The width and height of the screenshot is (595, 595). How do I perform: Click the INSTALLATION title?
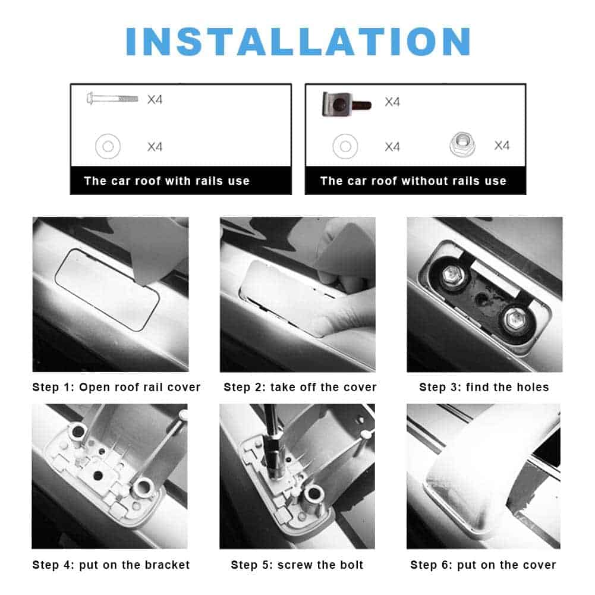click(x=298, y=41)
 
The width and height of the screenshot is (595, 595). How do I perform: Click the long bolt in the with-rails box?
click(x=112, y=99)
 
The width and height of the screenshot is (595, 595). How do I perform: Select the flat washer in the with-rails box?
click(x=108, y=146)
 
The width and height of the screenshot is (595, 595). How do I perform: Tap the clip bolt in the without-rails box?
click(x=346, y=104)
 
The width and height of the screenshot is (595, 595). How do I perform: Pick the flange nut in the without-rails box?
click(x=462, y=144)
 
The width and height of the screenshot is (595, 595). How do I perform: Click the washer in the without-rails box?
click(x=345, y=146)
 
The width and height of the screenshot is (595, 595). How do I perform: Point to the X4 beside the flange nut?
click(x=502, y=146)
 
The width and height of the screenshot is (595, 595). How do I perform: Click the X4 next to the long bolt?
click(x=155, y=100)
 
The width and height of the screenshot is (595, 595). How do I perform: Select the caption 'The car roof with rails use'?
click(x=166, y=181)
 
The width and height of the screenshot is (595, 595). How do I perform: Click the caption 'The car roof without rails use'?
click(x=413, y=181)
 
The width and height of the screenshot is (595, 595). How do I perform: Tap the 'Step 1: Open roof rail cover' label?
click(x=116, y=387)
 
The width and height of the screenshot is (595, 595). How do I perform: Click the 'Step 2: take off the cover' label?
click(x=300, y=387)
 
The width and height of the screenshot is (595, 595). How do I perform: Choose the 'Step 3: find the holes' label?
click(x=484, y=387)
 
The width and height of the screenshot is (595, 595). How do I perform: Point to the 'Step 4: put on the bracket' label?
click(x=111, y=565)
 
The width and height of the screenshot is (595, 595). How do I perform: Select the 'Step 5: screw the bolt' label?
click(x=297, y=565)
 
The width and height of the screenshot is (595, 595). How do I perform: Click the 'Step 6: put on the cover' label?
click(x=483, y=565)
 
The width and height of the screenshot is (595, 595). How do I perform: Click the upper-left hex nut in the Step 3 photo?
click(x=452, y=274)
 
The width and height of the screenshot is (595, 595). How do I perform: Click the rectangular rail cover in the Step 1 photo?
click(x=107, y=289)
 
